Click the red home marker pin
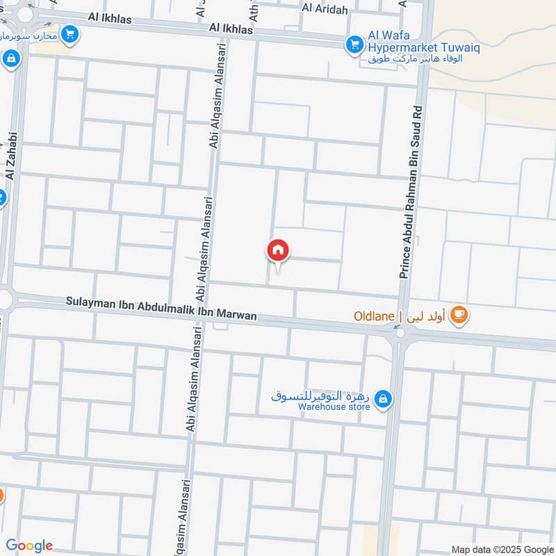[278, 250]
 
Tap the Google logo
[29, 546]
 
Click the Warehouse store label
[334, 407]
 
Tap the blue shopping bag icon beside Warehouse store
[382, 400]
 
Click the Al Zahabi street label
[10, 154]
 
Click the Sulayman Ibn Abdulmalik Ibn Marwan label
[161, 309]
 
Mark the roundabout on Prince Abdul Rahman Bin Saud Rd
[400, 334]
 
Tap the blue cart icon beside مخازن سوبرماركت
[69, 33]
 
